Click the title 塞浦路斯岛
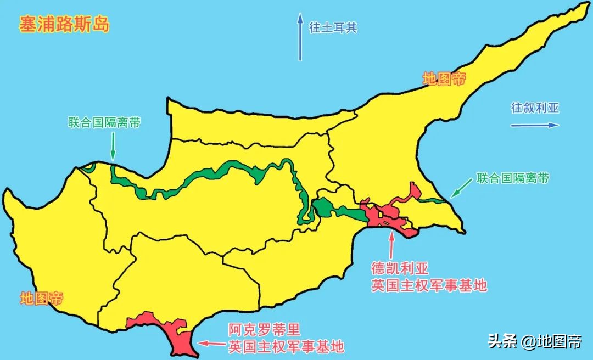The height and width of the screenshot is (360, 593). tap(64, 25)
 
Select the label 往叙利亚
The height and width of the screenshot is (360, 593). tap(535, 108)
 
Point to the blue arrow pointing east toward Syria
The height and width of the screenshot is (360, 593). tap(534, 125)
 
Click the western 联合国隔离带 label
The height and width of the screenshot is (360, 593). tap(104, 123)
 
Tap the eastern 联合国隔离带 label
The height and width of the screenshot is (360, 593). tap(513, 178)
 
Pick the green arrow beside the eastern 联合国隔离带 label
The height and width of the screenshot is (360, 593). tap(460, 189)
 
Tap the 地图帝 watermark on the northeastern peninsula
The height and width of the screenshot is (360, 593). tap(444, 79)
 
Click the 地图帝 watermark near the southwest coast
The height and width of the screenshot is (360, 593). tap(41, 299)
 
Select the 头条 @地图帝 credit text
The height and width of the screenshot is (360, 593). tap(535, 342)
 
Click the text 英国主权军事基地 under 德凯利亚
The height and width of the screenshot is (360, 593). tap(429, 285)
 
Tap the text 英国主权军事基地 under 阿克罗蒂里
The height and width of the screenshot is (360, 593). tap(286, 347)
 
